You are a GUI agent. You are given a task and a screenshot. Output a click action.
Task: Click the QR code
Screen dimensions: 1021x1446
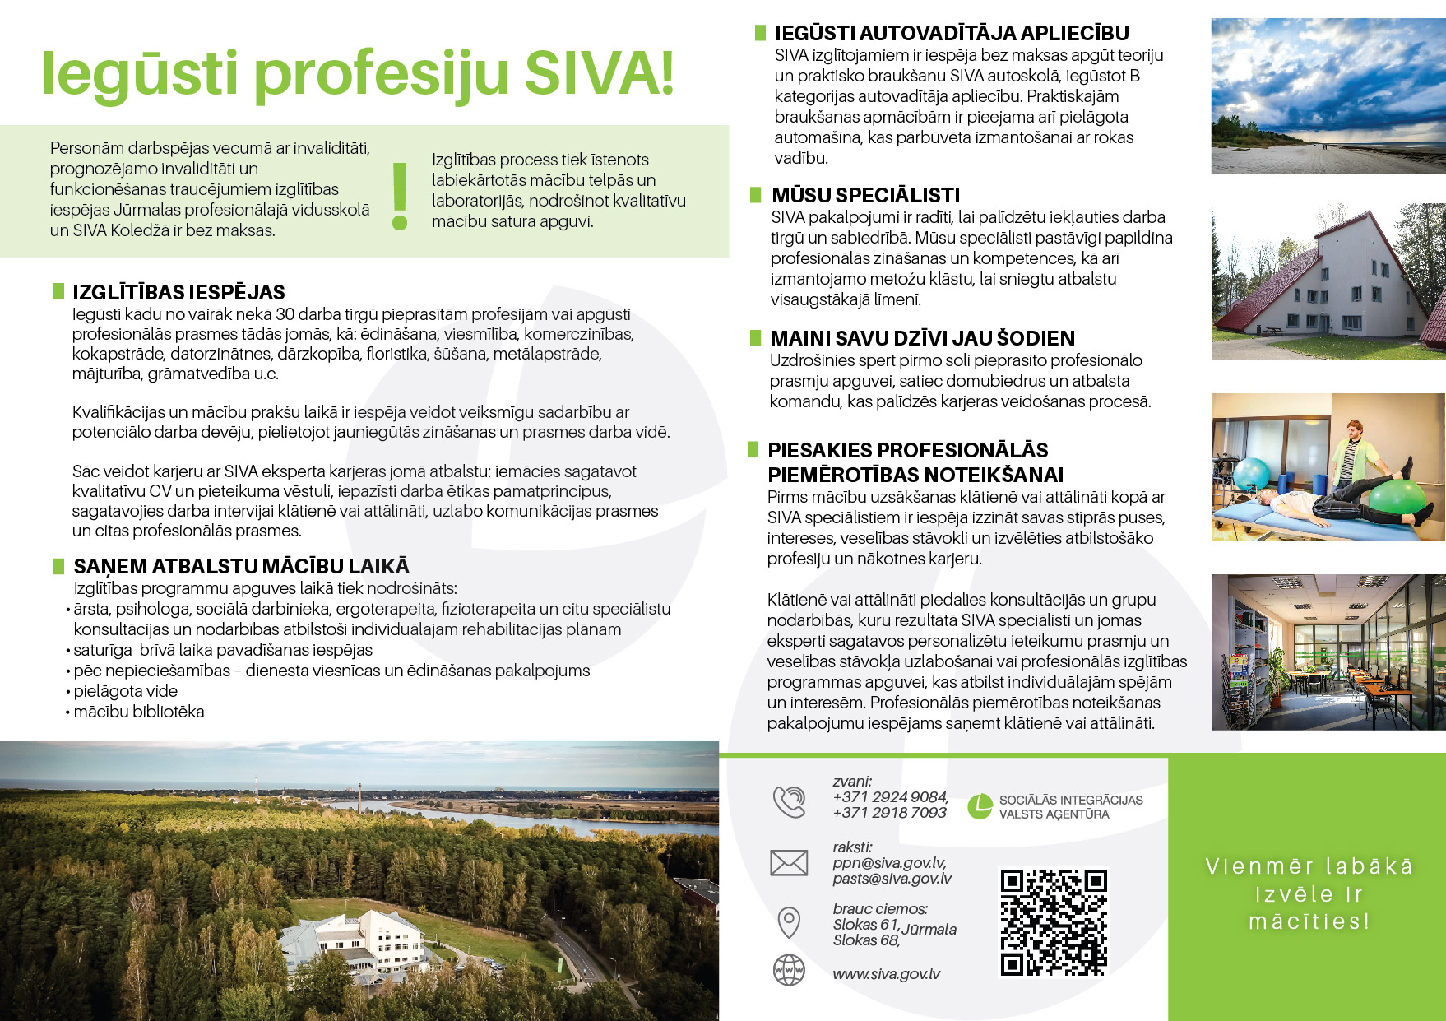[1054, 921]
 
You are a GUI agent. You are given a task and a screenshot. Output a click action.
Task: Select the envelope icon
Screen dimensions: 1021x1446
[788, 862]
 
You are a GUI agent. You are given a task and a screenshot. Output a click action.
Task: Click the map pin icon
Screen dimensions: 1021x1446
[789, 922]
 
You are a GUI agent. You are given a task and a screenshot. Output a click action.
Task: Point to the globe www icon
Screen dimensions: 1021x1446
[789, 970]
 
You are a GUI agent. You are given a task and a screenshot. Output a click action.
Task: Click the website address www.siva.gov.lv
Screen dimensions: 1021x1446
[886, 974]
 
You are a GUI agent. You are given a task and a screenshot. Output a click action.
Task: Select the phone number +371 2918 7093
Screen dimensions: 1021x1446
[889, 813]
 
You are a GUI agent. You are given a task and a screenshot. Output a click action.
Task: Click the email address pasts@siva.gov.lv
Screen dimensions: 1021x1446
[892, 879]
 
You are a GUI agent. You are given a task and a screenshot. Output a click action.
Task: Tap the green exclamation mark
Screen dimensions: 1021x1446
[401, 196]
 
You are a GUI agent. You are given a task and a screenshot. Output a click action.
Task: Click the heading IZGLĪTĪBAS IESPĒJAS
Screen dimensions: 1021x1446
[178, 292]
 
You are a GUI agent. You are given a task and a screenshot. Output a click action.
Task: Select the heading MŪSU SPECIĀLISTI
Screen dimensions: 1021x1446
[865, 195]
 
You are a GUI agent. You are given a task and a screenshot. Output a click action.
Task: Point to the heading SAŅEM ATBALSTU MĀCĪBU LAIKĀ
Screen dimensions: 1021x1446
[241, 566]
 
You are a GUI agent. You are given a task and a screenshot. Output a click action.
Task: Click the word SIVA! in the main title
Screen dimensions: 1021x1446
[599, 73]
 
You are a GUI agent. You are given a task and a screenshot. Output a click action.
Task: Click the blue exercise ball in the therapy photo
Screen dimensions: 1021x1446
[1251, 474]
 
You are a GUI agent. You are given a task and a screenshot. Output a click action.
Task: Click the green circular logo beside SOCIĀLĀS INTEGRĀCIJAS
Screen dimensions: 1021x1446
[979, 807]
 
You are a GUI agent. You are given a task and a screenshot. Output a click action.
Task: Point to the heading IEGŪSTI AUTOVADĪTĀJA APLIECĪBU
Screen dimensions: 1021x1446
[952, 33]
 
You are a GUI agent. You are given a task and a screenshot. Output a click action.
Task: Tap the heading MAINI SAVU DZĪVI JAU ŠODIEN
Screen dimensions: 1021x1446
[922, 338]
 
